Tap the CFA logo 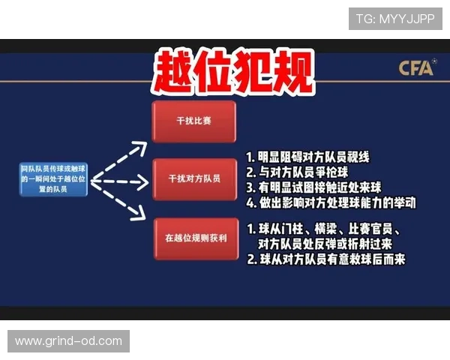(417, 69)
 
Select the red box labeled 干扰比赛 (193, 121)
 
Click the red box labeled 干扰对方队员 (193, 178)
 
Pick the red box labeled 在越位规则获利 (193, 238)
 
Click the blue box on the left (53, 180)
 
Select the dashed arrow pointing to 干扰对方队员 (119, 181)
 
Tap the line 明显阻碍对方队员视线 (313, 157)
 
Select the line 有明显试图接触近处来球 (323, 187)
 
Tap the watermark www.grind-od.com (68, 341)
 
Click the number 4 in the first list (251, 202)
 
